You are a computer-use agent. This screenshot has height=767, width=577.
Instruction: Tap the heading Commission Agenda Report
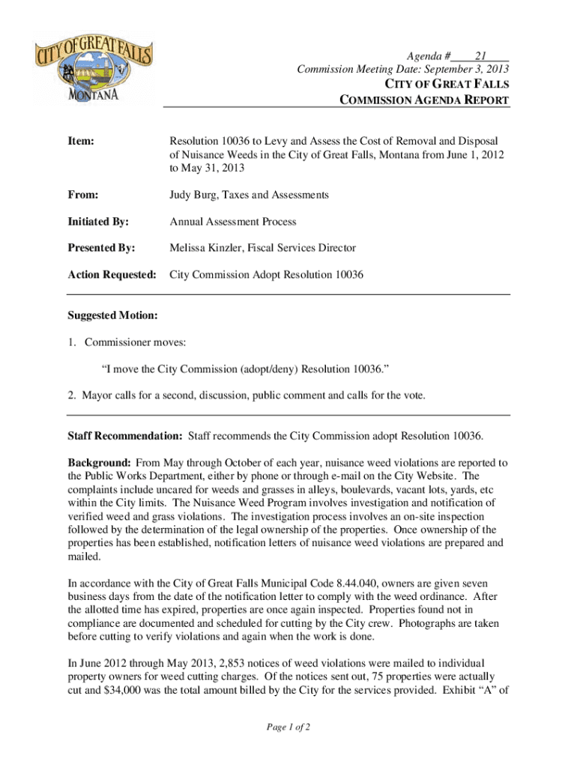(426, 100)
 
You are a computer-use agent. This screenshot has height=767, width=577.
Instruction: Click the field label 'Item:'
(80, 140)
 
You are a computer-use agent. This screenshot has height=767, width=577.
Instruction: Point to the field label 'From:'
(82, 195)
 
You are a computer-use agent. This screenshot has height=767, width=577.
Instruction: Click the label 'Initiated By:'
(97, 222)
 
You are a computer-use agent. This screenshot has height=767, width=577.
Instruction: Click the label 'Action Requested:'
(112, 275)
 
